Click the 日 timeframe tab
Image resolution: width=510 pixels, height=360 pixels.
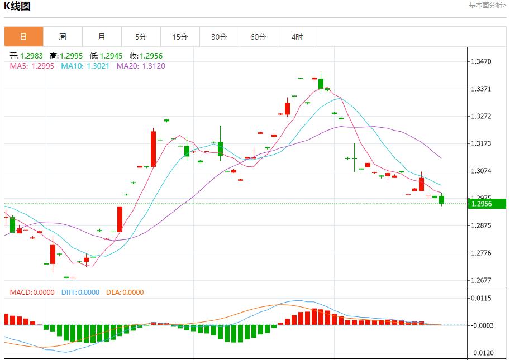pyautogui.click(x=23, y=37)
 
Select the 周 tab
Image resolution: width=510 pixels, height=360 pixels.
pyautogui.click(x=63, y=37)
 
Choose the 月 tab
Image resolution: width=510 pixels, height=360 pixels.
pyautogui.click(x=102, y=37)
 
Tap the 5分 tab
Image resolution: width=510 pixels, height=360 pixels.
pyautogui.click(x=141, y=37)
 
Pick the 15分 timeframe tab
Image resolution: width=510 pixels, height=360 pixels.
pyautogui.click(x=180, y=37)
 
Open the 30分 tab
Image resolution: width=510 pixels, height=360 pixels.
pyautogui.click(x=219, y=37)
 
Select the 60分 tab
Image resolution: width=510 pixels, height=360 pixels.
pyautogui.click(x=258, y=37)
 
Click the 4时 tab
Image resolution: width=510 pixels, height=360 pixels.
pyautogui.click(x=297, y=37)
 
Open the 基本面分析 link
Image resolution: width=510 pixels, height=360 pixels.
pyautogui.click(x=487, y=6)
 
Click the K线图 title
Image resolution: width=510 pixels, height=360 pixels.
pyautogui.click(x=18, y=7)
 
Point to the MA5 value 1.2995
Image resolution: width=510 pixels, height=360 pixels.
pyautogui.click(x=42, y=66)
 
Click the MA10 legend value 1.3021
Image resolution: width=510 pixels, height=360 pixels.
pyautogui.click(x=98, y=66)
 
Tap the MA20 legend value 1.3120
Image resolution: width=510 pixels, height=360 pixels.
pyautogui.click(x=153, y=66)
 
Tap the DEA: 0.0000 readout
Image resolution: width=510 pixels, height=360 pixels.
pyautogui.click(x=125, y=292)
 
